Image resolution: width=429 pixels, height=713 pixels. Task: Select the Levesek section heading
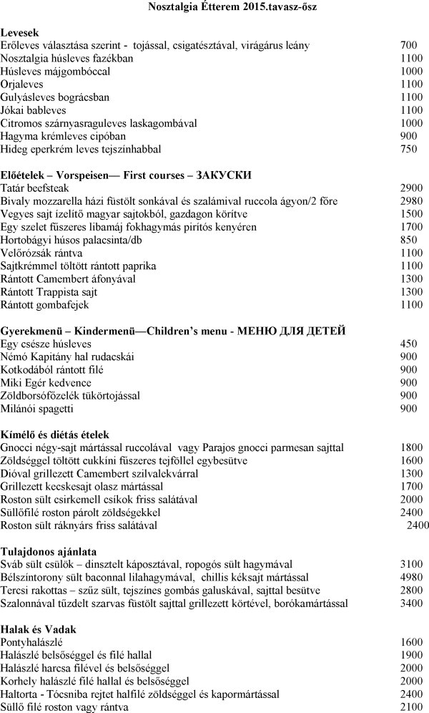click(20, 33)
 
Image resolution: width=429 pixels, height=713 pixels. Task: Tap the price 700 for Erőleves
click(408, 46)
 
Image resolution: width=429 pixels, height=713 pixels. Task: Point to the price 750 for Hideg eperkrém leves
click(408, 149)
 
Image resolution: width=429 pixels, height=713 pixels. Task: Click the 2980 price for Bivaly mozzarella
click(411, 200)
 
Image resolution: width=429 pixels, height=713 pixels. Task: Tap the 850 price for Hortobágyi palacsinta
click(408, 239)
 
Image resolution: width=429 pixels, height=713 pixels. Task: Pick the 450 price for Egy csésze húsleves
click(408, 343)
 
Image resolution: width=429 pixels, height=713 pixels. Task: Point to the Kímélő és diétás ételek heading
click(54, 434)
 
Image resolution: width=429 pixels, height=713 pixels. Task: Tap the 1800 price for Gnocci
click(411, 447)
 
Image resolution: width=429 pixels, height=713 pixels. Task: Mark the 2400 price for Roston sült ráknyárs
click(418, 525)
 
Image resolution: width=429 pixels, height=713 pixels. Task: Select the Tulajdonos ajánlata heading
click(48, 551)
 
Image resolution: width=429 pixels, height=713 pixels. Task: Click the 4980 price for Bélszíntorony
click(411, 577)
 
